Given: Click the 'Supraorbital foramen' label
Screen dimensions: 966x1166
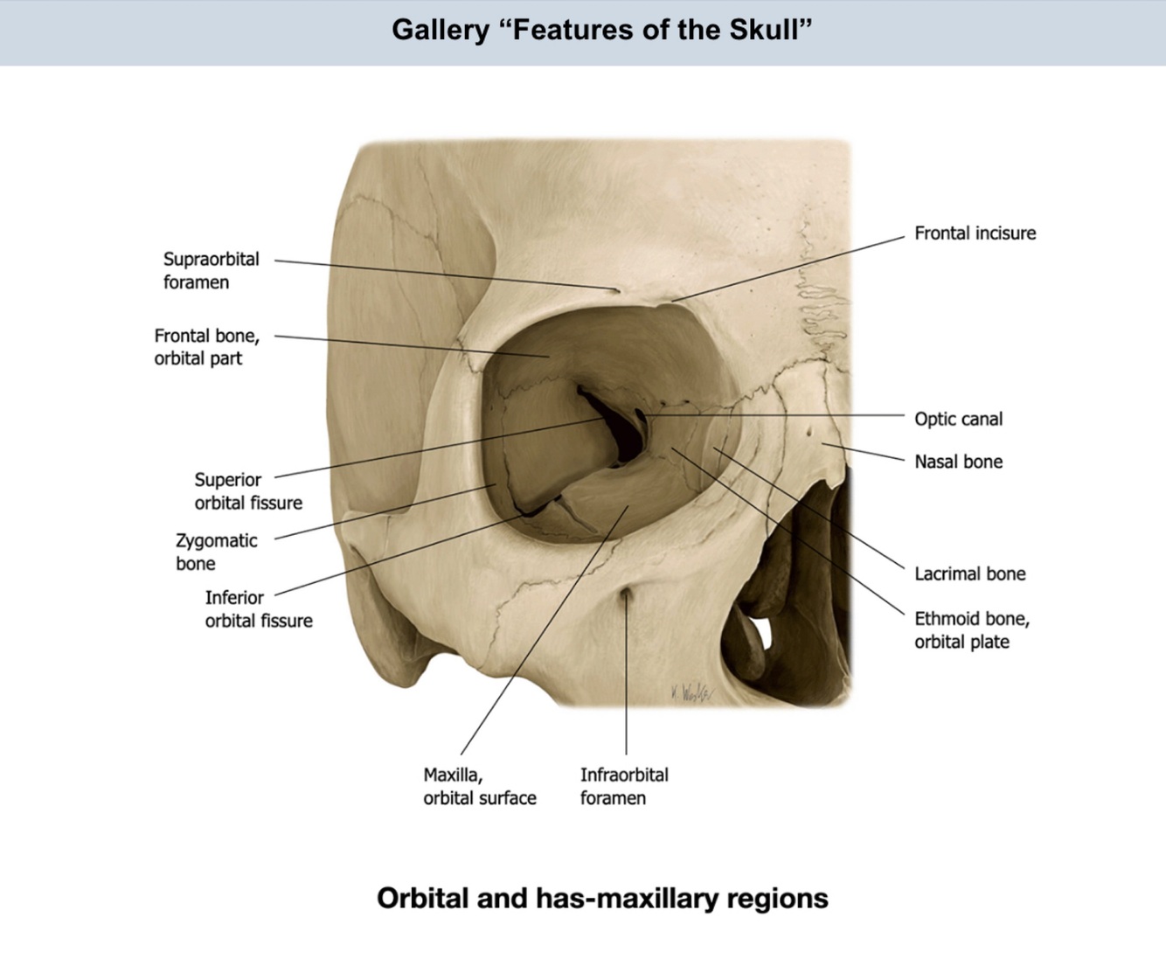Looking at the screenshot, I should pos(211,270).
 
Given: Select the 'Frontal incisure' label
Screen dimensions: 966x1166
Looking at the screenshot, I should pos(975,233).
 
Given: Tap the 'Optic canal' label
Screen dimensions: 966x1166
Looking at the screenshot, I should pos(958,419).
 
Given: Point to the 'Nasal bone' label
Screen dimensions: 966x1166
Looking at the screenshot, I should pos(958,462).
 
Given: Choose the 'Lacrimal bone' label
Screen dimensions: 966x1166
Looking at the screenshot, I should pos(969,573).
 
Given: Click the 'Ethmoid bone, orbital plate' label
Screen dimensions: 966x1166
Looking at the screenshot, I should pos(971,629).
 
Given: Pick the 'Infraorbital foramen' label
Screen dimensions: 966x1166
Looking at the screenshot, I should pos(623,786).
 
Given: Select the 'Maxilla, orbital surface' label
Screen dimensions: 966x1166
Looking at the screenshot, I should pos(479,786).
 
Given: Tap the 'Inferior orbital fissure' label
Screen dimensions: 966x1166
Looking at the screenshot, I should pos(258,608).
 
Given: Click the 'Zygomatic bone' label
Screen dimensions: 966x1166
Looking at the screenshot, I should pos(216,552).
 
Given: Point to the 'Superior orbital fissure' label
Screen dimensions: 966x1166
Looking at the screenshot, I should pos(247,490).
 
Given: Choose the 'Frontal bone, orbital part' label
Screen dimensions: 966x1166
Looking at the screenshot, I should pos(206,346).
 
